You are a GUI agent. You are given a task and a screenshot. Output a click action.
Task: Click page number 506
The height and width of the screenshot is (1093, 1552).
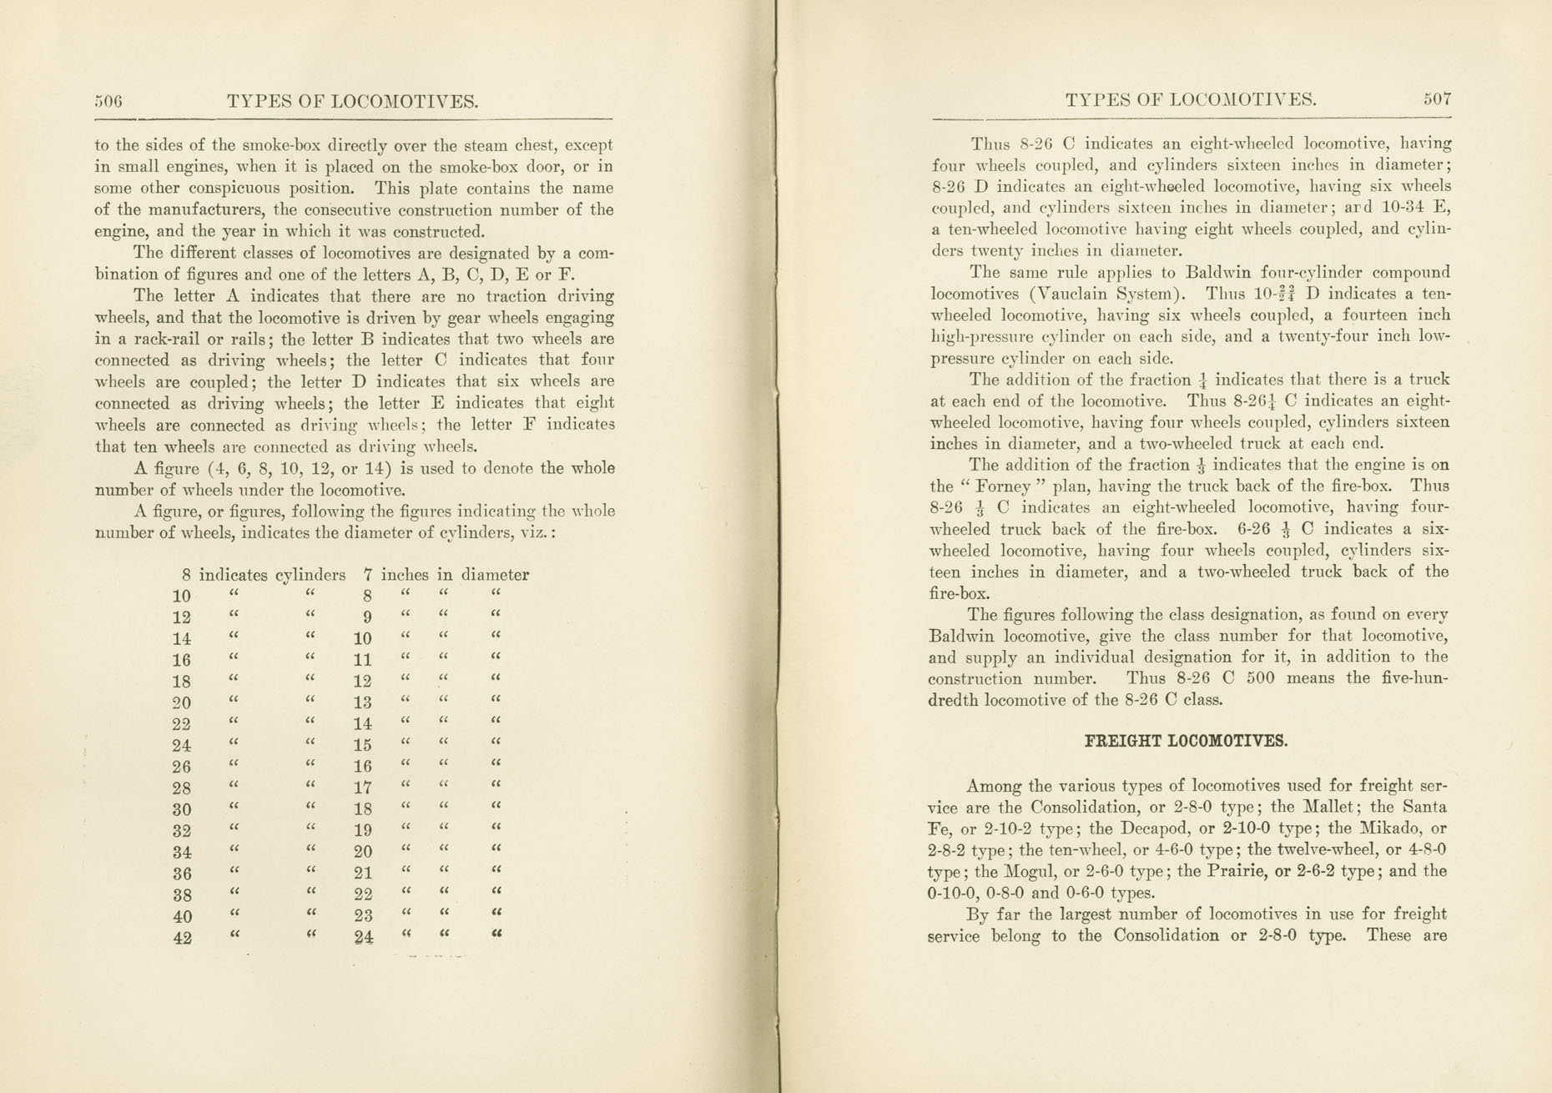[x=108, y=102]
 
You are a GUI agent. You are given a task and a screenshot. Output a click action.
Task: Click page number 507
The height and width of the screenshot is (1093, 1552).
[x=1437, y=99]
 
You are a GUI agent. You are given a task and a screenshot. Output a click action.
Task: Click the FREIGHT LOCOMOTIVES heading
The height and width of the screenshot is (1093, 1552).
[x=1186, y=741]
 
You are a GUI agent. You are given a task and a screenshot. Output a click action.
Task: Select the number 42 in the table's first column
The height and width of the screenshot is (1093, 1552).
[x=182, y=938]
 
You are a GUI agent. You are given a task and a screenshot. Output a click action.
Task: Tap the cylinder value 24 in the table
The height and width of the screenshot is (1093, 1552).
[x=363, y=938]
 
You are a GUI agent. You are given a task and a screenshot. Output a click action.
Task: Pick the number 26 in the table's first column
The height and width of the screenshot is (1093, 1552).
[x=181, y=767]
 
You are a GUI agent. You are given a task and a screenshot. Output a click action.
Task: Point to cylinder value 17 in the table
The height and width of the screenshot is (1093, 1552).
[x=362, y=788]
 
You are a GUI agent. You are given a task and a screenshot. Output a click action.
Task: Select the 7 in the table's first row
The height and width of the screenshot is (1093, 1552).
[x=367, y=575]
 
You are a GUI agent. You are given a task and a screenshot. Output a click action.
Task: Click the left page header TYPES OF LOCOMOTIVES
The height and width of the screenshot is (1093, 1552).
[x=352, y=103]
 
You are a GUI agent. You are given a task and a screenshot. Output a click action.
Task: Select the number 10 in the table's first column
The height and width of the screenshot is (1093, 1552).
[x=181, y=597]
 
